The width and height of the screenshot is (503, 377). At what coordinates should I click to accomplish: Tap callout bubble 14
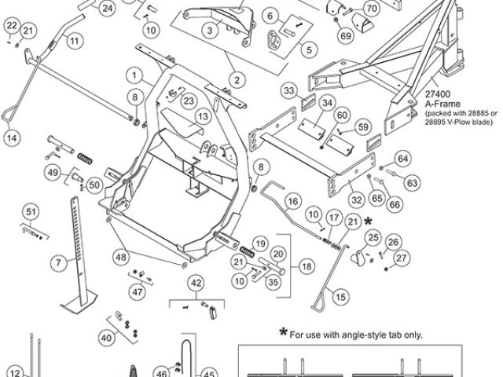point(11,137)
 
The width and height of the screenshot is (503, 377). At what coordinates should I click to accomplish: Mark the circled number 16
point(292,201)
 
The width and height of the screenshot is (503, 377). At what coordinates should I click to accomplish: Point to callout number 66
point(394,204)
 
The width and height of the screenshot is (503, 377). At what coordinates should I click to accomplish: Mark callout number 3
point(209,31)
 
